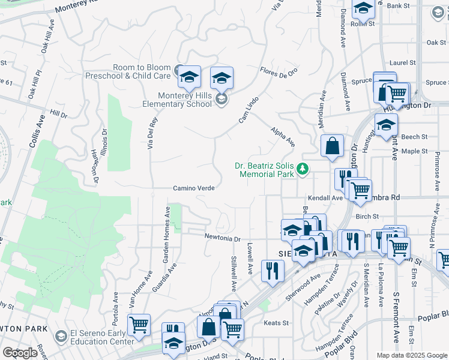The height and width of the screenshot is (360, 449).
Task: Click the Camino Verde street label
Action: (x=194, y=188)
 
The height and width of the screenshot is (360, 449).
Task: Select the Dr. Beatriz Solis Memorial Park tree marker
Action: (x=304, y=170)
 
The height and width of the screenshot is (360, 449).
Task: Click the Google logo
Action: (x=20, y=353)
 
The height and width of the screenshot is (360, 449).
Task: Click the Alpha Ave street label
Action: (x=283, y=137)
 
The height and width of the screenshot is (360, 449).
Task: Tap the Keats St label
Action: (x=276, y=323)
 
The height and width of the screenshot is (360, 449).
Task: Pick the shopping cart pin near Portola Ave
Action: (x=139, y=325)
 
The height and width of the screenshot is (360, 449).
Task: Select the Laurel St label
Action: (x=402, y=62)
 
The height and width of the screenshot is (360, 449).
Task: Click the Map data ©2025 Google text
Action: (x=412, y=355)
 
